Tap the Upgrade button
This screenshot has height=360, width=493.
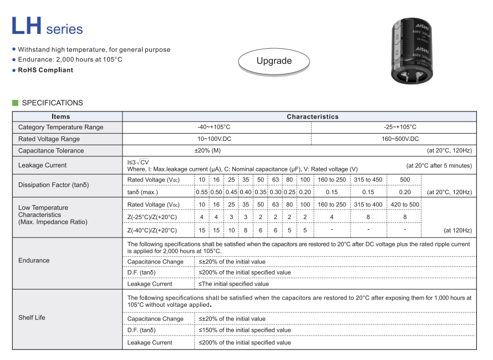tap(274, 61)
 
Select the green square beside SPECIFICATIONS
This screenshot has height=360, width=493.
tap(16, 103)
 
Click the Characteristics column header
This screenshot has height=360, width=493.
tap(312, 116)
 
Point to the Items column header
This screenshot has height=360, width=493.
tap(61, 116)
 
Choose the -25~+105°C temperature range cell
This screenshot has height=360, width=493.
tap(400, 127)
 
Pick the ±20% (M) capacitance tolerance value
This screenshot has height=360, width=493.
tap(207, 150)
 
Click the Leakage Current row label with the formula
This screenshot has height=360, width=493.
tap(42, 165)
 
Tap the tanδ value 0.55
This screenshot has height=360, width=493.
tap(201, 192)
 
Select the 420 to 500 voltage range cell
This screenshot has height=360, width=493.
tap(405, 205)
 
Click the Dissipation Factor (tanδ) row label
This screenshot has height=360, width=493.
tap(53, 185)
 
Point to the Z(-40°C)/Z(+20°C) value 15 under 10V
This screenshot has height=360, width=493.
tap(202, 230)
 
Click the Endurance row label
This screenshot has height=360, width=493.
tap(34, 260)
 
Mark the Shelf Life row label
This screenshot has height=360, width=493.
tap(32, 318)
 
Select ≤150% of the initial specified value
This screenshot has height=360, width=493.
tap(245, 330)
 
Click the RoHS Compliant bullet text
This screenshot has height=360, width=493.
tap(45, 70)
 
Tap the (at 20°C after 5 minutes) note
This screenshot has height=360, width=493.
tap(439, 165)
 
